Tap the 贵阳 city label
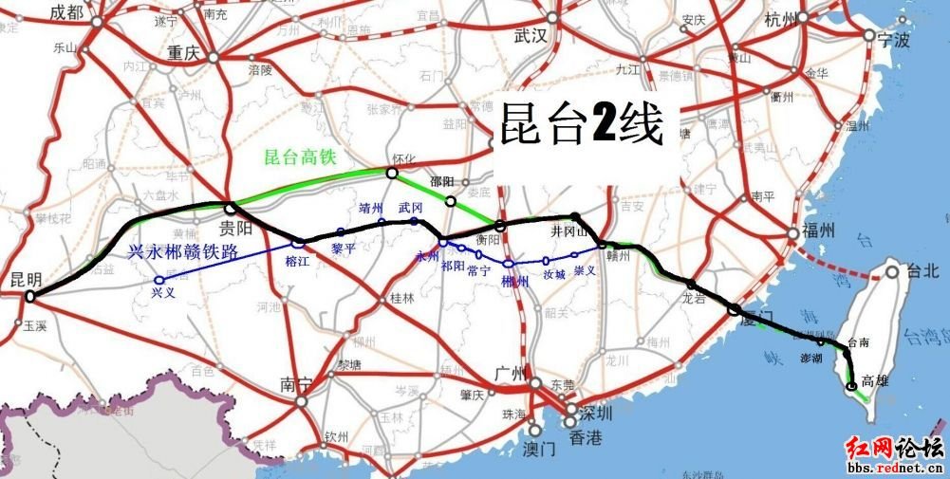click(x=235, y=228)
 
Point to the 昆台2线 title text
click(x=580, y=122)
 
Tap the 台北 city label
click(x=922, y=271)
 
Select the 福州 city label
click(x=817, y=231)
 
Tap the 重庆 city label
click(x=180, y=53)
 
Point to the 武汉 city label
click(x=531, y=36)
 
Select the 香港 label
click(x=581, y=438)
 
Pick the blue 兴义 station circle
click(x=159, y=280)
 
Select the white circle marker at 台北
click(x=892, y=271)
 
